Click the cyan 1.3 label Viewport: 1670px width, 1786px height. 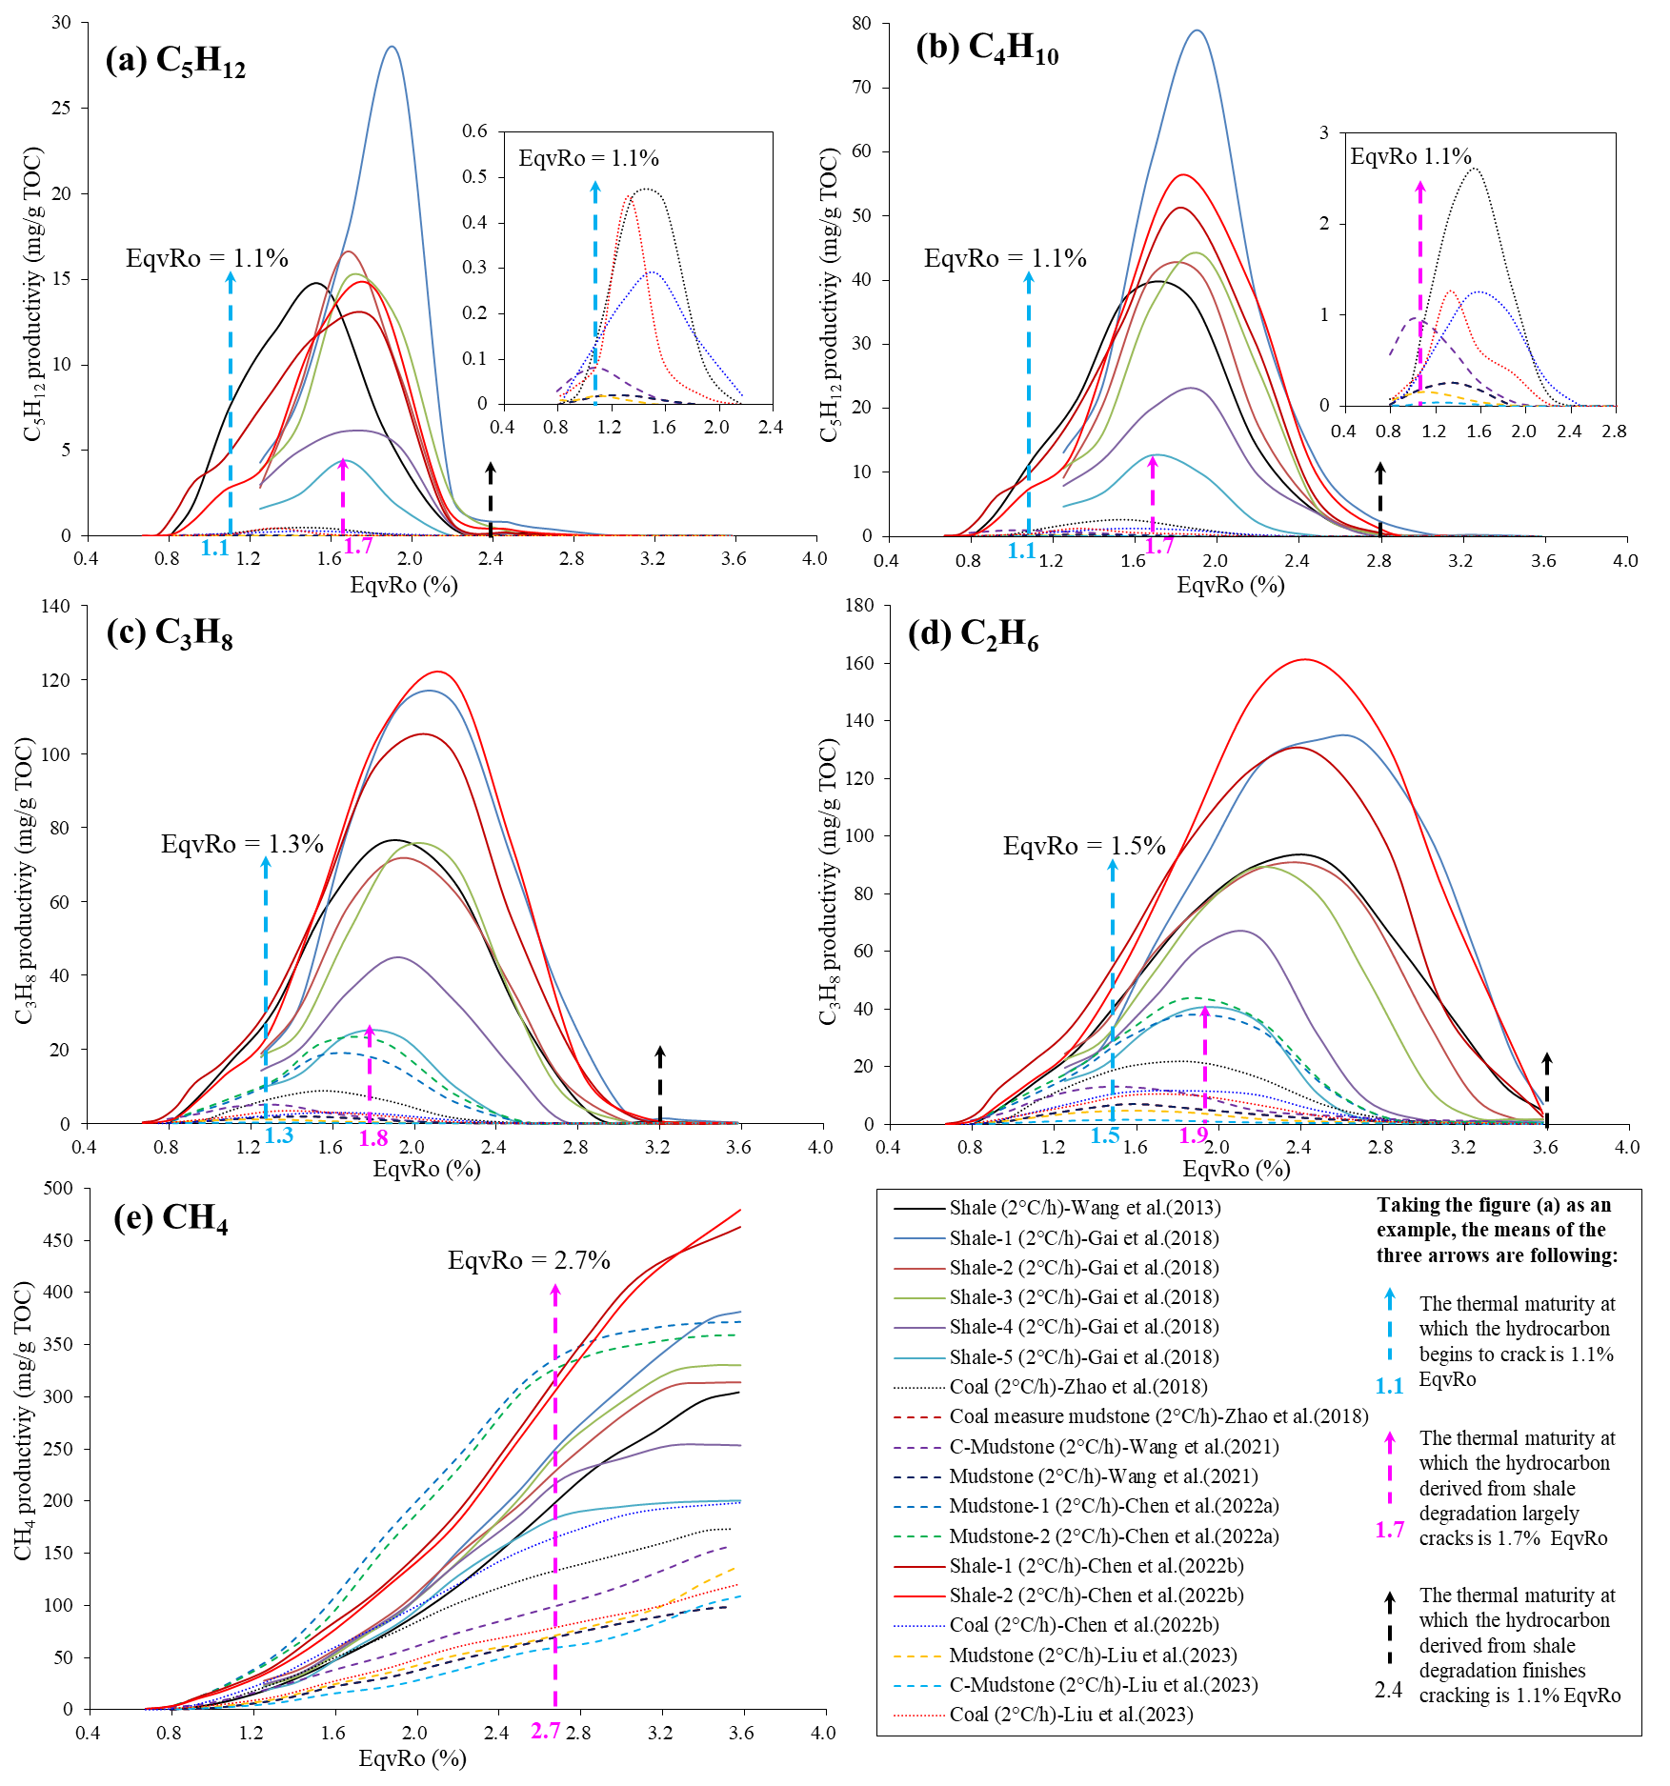(278, 1135)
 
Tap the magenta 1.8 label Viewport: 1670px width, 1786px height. (373, 1138)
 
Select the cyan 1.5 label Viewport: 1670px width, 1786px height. (1105, 1135)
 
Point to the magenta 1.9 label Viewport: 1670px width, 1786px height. (1194, 1135)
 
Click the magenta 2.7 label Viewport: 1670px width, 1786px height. (546, 1731)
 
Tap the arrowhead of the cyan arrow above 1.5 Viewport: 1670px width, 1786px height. (1112, 865)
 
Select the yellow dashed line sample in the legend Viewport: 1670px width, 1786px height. (918, 1656)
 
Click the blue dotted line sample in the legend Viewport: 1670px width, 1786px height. (918, 1626)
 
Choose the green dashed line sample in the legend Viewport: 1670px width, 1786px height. (918, 1536)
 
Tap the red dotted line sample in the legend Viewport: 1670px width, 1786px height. (918, 1716)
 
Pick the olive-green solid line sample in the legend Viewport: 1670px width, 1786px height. (919, 1298)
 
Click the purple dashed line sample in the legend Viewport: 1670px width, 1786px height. (918, 1448)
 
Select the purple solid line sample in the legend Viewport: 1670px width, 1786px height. (919, 1328)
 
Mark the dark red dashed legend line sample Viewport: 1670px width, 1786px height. (918, 1417)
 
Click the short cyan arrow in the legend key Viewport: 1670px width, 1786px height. (1390, 1323)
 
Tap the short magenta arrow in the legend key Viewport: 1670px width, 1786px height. (1390, 1468)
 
